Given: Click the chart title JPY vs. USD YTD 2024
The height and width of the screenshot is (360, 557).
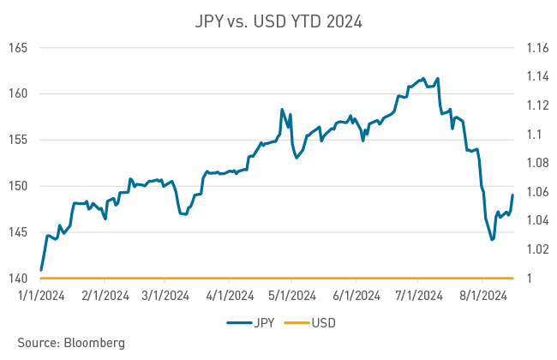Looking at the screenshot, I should [278, 21].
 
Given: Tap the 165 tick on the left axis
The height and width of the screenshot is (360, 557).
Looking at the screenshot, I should [20, 48].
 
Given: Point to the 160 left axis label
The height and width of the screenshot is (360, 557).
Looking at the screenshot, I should [20, 94].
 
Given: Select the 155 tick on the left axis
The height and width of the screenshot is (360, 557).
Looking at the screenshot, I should [20, 141].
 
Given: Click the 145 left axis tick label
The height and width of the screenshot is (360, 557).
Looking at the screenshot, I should [20, 233].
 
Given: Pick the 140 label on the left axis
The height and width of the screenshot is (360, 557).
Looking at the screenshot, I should [20, 279].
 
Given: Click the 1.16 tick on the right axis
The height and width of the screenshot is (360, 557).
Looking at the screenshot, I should [536, 48].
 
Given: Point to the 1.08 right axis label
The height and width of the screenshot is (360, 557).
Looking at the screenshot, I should [536, 164].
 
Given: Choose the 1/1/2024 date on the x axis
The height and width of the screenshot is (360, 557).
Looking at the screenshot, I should [41, 297].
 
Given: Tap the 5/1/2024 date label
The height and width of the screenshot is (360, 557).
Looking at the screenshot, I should [292, 297].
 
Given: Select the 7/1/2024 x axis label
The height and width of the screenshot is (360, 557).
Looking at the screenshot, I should [419, 297].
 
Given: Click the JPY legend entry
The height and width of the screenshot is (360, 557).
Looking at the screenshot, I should [249, 323].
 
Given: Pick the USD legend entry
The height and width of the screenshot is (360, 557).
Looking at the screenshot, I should [312, 323].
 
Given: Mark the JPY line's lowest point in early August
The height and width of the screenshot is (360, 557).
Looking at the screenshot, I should [493, 240].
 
